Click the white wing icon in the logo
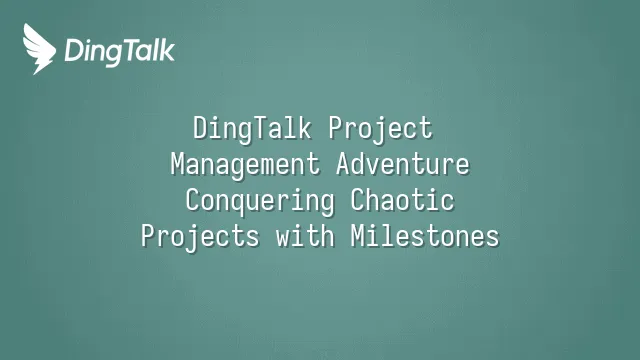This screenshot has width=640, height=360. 39,47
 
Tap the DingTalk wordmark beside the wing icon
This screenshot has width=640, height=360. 119,50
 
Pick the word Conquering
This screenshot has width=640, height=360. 259,201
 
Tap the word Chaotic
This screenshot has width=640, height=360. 403,201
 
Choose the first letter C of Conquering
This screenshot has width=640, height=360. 193,201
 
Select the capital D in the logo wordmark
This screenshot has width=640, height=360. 74,50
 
